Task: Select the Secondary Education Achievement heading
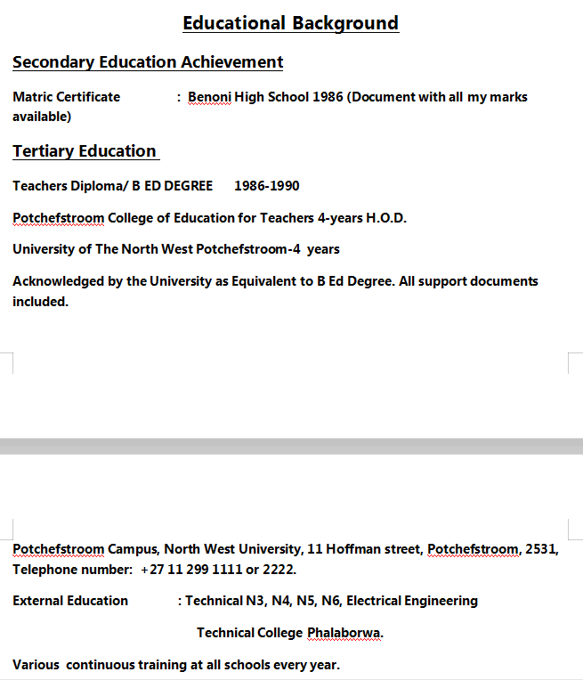point(148,62)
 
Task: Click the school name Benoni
point(209,97)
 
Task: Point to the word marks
point(508,97)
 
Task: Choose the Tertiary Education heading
point(85,151)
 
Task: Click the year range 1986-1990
point(267,186)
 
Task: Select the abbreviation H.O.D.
point(386,218)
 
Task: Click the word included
point(40,302)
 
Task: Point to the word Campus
point(134,549)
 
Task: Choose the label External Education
point(70,601)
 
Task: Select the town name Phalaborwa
point(345,633)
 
